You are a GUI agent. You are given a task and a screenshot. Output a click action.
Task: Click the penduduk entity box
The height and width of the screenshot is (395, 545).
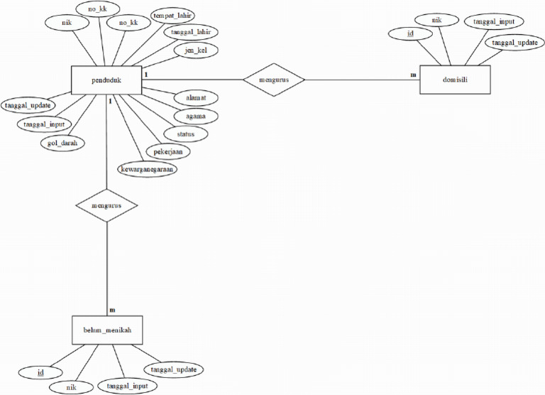[106, 80]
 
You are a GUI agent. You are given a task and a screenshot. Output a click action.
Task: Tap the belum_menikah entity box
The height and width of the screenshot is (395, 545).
[106, 330]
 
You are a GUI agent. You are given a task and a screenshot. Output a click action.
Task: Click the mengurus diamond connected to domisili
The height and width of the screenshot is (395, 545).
[274, 80]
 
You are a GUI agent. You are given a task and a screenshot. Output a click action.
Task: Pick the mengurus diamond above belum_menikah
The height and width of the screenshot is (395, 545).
[106, 205]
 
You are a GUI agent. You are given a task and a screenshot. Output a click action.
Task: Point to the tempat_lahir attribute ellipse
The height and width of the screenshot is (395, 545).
[174, 16]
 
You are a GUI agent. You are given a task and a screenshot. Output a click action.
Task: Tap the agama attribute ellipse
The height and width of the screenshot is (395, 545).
[196, 115]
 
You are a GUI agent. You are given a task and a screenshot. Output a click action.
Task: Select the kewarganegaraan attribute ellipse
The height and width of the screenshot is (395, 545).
[148, 169]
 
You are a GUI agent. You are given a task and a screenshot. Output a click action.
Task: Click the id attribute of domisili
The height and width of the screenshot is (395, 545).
[410, 33]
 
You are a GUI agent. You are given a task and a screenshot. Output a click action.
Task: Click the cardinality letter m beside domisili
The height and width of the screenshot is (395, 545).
[413, 74]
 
